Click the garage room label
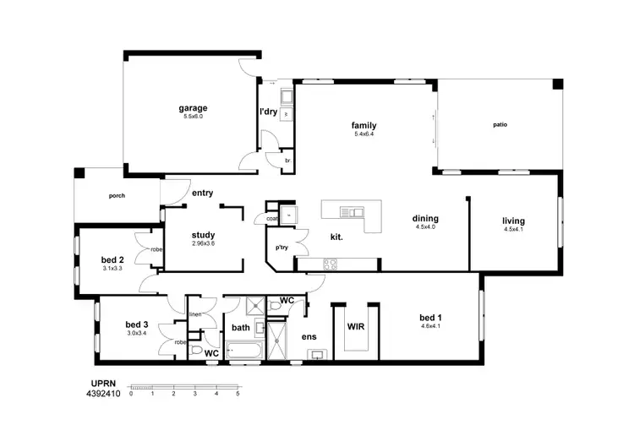pyautogui.click(x=193, y=108)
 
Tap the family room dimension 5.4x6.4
pyautogui.click(x=364, y=134)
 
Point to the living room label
pyautogui.click(x=513, y=221)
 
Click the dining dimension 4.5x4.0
pyautogui.click(x=426, y=226)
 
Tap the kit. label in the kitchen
pyautogui.click(x=336, y=237)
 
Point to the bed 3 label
pyautogui.click(x=137, y=324)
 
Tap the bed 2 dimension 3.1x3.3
pyautogui.click(x=112, y=269)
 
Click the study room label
pyautogui.click(x=203, y=236)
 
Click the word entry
pyautogui.click(x=202, y=194)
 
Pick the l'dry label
pyautogui.click(x=268, y=112)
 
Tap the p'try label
pyautogui.click(x=281, y=248)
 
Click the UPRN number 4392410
pyautogui.click(x=103, y=393)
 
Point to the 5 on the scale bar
pyautogui.click(x=238, y=394)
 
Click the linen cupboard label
pyautogui.click(x=194, y=314)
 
